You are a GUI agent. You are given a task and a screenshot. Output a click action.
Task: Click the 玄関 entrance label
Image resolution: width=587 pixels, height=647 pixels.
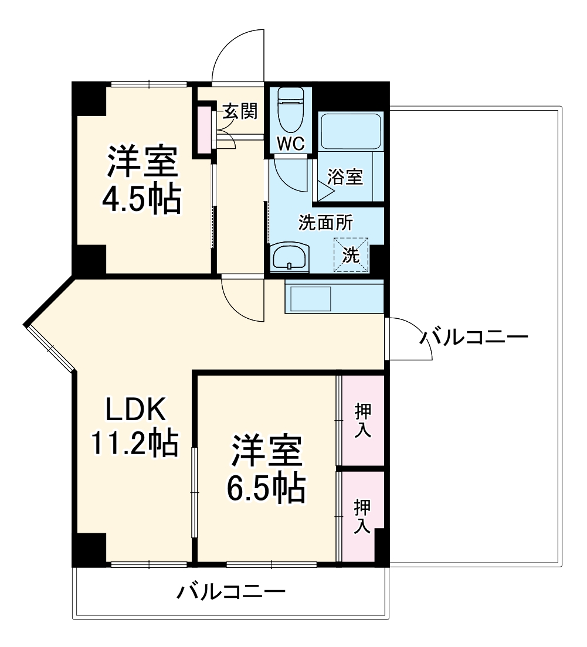(240, 111)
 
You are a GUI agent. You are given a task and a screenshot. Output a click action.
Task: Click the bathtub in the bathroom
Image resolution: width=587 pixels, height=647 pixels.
(351, 130)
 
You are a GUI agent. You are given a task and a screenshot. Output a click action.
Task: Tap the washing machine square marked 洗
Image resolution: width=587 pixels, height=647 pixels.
(351, 255)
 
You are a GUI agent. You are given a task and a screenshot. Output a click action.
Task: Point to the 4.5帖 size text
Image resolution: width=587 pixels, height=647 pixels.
(141, 199)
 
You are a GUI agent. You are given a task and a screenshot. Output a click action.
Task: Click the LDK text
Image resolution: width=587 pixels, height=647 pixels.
(136, 410)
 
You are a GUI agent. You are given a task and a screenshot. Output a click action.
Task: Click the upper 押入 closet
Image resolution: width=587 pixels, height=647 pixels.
(362, 420)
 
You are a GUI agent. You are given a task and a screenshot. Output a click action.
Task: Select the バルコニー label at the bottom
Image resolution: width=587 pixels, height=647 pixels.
(232, 592)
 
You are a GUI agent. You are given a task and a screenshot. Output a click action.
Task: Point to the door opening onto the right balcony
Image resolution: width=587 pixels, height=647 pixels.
(409, 339)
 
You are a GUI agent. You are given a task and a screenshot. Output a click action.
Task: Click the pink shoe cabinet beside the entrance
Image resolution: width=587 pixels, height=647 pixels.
(203, 129)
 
